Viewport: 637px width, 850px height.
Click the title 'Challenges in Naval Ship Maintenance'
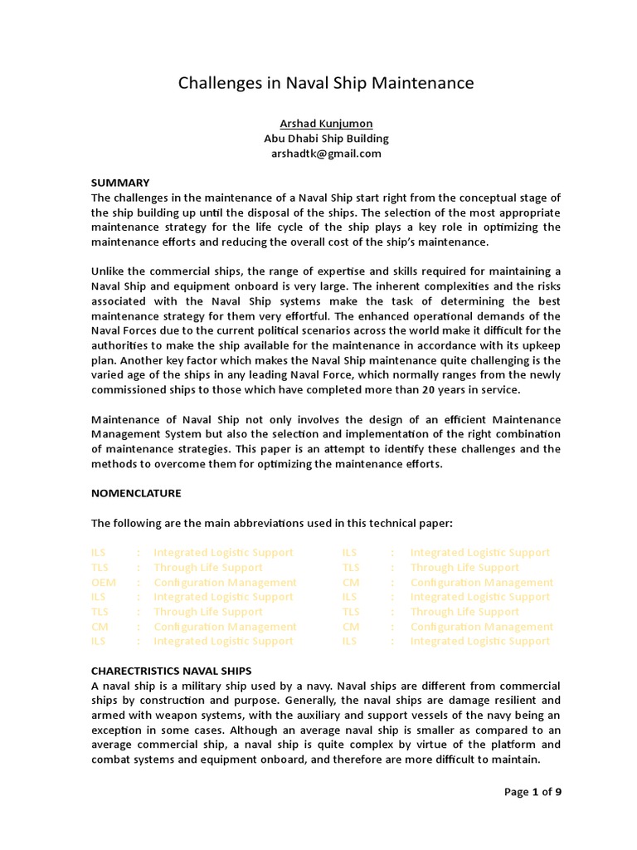pos(327,83)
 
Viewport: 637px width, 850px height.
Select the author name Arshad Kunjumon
pos(326,123)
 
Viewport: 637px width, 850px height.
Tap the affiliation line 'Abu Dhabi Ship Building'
pos(326,138)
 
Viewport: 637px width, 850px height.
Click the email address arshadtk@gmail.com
pos(326,153)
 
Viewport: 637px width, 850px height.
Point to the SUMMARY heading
pos(119,183)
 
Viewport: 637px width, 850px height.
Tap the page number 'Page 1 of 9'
pos(532,791)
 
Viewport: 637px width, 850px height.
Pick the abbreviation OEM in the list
pos(104,582)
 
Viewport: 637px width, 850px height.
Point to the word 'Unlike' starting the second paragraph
pos(108,271)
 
